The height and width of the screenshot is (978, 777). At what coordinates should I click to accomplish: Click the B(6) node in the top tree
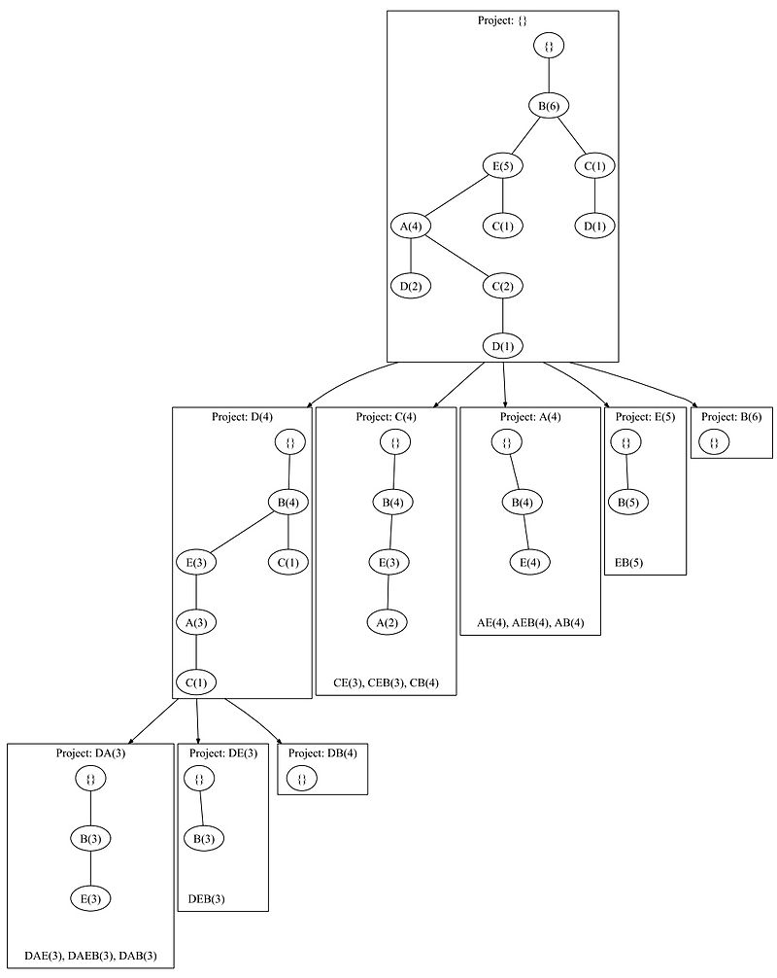click(550, 106)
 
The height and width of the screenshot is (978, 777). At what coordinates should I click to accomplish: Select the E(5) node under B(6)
click(502, 166)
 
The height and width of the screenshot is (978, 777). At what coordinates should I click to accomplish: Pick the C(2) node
click(502, 286)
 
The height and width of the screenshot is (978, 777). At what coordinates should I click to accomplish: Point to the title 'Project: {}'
click(502, 19)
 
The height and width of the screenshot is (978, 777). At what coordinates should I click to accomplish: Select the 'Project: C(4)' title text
click(386, 416)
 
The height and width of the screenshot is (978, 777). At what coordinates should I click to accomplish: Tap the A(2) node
click(388, 620)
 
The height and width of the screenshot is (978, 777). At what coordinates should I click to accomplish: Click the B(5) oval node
click(628, 503)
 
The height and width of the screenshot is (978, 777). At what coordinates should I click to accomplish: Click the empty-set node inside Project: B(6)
click(713, 442)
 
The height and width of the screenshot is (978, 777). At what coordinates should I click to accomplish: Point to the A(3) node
click(196, 621)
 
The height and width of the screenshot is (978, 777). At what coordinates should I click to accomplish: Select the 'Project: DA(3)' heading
click(90, 752)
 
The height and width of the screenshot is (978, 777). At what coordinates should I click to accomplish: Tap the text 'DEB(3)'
click(206, 898)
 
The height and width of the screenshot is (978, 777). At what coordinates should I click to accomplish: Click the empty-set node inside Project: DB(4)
click(301, 779)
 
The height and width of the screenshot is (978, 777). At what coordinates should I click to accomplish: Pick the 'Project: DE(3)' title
click(222, 752)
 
